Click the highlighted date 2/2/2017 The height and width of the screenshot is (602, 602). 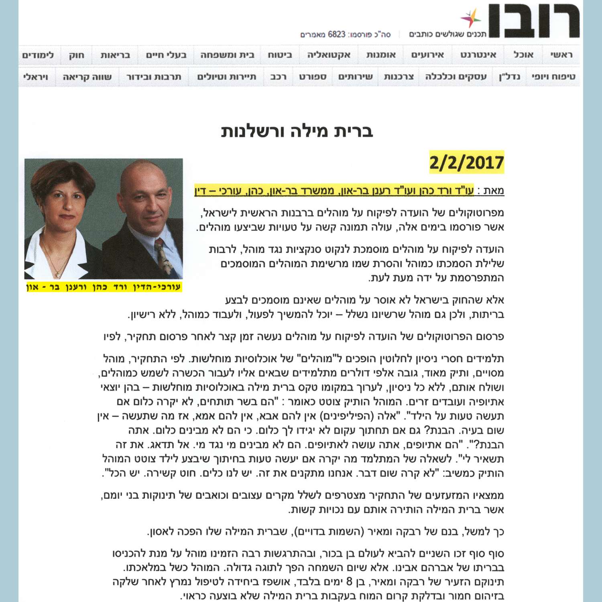(466, 163)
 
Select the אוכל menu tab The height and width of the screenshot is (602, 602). (523, 55)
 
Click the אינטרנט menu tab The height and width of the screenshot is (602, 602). (478, 55)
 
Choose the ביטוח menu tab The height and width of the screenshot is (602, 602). (280, 55)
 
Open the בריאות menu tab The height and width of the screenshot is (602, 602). (115, 55)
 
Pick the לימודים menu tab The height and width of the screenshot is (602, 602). (38, 55)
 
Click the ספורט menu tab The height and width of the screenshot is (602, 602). (313, 77)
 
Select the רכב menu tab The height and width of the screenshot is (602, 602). (278, 77)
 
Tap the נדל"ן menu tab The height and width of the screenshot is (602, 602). (509, 77)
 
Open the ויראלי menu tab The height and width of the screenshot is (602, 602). (36, 77)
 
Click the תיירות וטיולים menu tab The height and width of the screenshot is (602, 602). (227, 77)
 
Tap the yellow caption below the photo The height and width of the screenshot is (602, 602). (104, 287)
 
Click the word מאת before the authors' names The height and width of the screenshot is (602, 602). (493, 191)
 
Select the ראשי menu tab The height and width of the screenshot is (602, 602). (561, 55)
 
